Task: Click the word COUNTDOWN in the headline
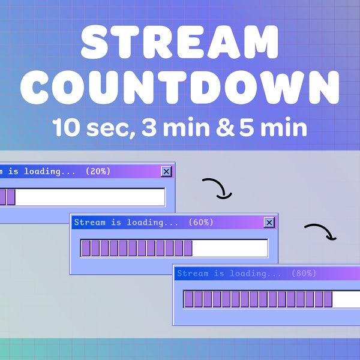point(180,88)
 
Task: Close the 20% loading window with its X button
point(166,172)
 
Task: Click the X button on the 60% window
point(269,223)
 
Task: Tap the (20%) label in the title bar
point(98,172)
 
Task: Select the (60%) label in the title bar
point(201,223)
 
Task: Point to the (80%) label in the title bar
point(304,274)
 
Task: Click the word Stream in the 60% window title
point(89,223)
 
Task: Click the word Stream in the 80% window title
point(193,274)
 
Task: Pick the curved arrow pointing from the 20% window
point(217,188)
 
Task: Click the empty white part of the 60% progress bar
point(230,248)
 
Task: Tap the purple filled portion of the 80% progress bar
point(258,299)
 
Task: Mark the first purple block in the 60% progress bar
point(85,248)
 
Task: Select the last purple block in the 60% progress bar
point(188,248)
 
